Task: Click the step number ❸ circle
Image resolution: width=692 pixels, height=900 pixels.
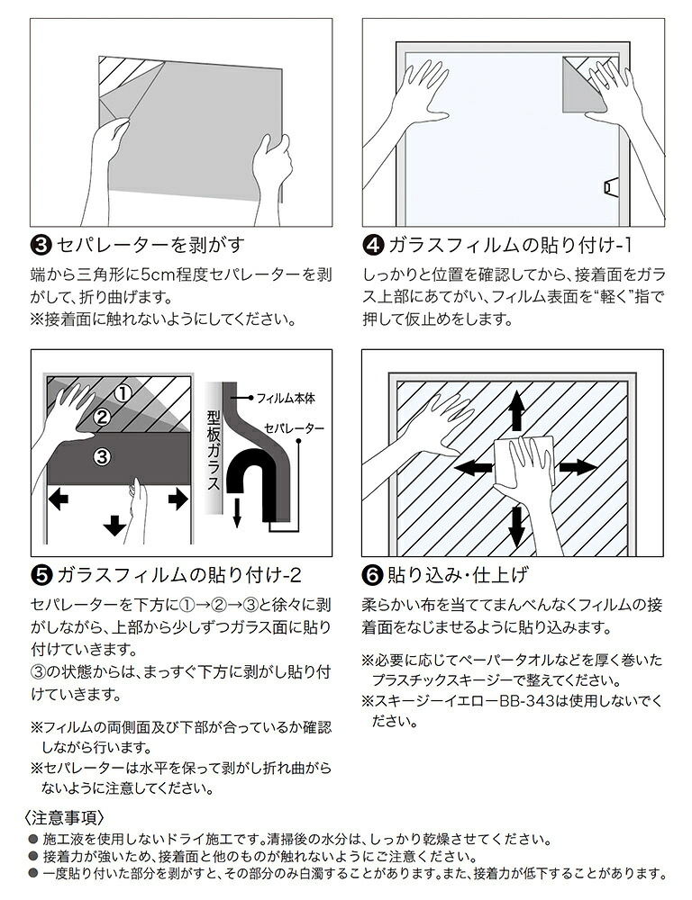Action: pyautogui.click(x=41, y=244)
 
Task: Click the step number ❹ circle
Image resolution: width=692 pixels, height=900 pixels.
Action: pyautogui.click(x=373, y=244)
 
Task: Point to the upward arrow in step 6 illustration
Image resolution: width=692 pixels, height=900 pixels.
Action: pyautogui.click(x=516, y=411)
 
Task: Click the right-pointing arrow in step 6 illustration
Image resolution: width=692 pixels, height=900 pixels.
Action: pyautogui.click(x=578, y=467)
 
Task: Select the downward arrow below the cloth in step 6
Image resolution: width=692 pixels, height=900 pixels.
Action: pyautogui.click(x=515, y=526)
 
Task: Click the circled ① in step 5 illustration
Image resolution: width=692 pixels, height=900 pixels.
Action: pyautogui.click(x=124, y=392)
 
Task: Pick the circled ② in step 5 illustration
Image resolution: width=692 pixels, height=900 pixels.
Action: pyautogui.click(x=102, y=416)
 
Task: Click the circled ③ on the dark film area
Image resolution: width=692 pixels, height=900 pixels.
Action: pyautogui.click(x=102, y=456)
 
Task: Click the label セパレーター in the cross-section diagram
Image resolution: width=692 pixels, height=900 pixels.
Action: pyautogui.click(x=295, y=429)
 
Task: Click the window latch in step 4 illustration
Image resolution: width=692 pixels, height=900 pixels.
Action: pyautogui.click(x=609, y=187)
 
